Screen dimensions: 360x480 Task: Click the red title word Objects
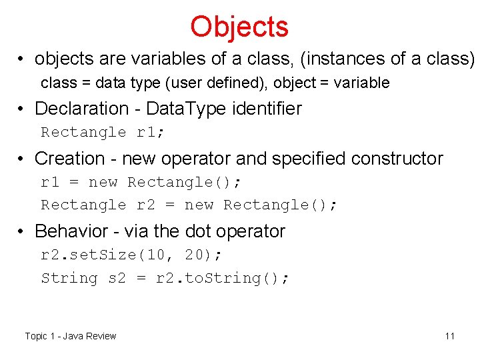click(x=239, y=27)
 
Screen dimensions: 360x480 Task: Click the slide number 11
click(x=450, y=336)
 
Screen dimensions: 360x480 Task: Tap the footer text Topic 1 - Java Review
click(x=71, y=336)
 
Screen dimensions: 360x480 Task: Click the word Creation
click(x=69, y=159)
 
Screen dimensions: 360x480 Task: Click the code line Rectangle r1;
click(x=103, y=132)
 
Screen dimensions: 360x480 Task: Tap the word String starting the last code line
click(x=69, y=278)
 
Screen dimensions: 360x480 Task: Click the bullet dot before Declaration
click(x=23, y=109)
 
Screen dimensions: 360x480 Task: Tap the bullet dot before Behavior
click(x=23, y=231)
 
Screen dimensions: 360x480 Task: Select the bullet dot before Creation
click(x=23, y=159)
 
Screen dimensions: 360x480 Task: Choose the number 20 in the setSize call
click(x=194, y=255)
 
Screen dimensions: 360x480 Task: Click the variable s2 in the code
click(x=117, y=278)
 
